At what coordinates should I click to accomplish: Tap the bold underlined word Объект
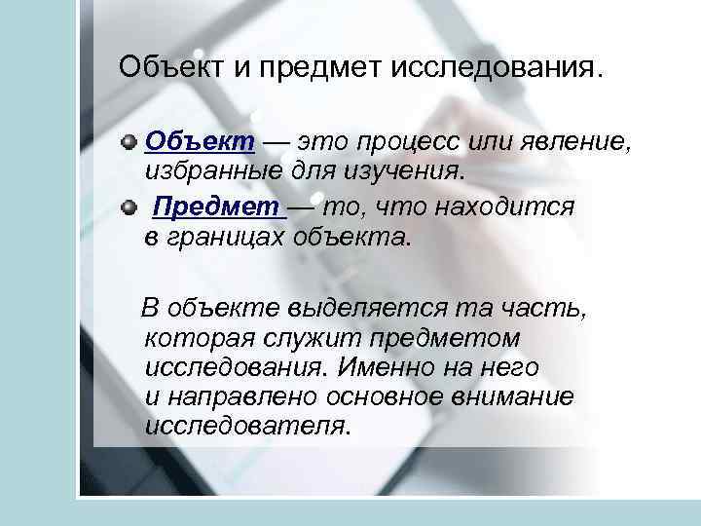200,143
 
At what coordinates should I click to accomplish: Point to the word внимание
516,399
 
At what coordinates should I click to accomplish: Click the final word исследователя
244,426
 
